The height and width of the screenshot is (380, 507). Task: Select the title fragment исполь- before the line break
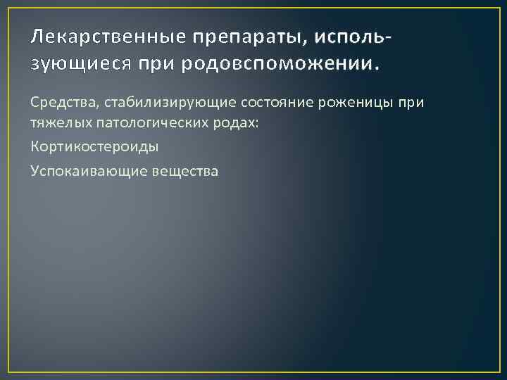pos(353,35)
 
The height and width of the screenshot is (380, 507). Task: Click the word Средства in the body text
pos(65,104)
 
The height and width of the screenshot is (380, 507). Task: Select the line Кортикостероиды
pos(94,148)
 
